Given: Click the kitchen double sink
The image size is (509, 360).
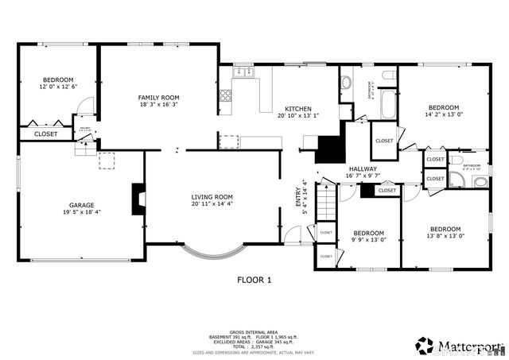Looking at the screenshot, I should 243,72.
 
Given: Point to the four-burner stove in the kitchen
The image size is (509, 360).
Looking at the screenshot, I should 226,97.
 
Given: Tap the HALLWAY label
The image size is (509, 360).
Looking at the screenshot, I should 363,169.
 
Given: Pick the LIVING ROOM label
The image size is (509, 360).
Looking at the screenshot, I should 212,196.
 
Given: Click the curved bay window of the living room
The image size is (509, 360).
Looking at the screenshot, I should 212,254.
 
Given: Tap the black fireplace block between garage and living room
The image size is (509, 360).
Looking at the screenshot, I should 138,195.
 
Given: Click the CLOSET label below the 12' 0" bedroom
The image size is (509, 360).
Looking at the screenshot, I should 46,134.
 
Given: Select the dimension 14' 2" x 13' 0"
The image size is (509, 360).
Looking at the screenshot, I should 444,114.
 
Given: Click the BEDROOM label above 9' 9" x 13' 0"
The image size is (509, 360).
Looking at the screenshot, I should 368,233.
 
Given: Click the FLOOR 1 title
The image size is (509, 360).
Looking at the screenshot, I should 254,280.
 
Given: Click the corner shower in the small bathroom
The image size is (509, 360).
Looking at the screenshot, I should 480,182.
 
